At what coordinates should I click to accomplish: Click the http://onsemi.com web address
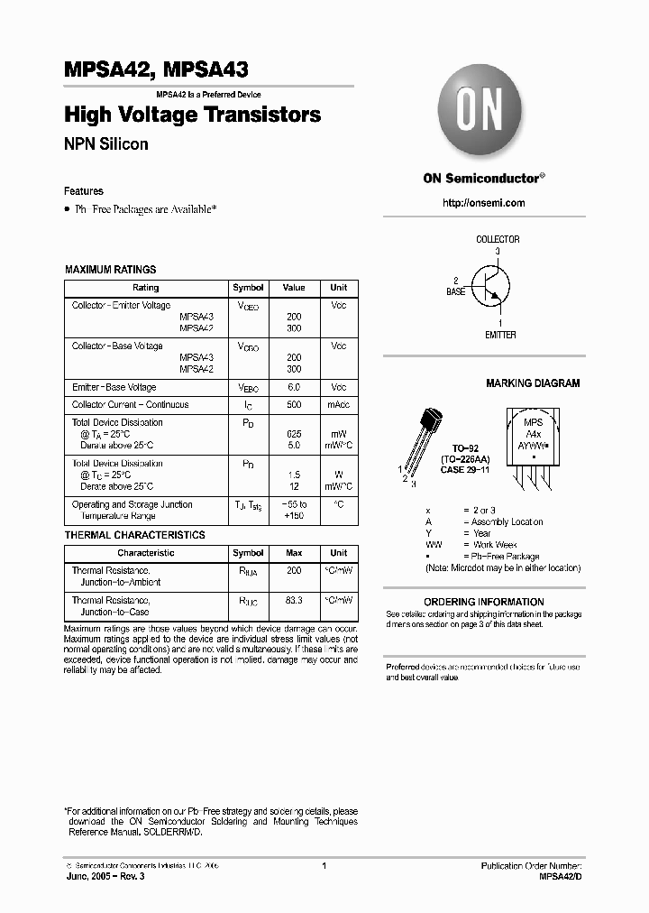(x=483, y=203)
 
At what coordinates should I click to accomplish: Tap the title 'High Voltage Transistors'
(x=192, y=115)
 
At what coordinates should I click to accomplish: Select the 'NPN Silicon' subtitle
(x=105, y=143)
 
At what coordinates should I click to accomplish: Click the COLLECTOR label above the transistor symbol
(x=498, y=239)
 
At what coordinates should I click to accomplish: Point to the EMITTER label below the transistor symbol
(x=500, y=335)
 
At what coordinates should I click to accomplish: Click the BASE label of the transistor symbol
(x=456, y=292)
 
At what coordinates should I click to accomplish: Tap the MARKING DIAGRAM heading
(x=533, y=383)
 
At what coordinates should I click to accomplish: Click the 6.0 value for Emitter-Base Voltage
(x=294, y=387)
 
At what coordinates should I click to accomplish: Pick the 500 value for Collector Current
(x=294, y=405)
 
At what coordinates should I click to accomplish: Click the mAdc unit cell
(x=338, y=405)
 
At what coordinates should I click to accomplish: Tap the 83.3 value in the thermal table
(x=294, y=599)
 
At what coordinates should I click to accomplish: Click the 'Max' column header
(x=294, y=553)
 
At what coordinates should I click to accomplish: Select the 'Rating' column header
(x=145, y=288)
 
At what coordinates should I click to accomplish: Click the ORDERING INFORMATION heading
(x=483, y=602)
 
